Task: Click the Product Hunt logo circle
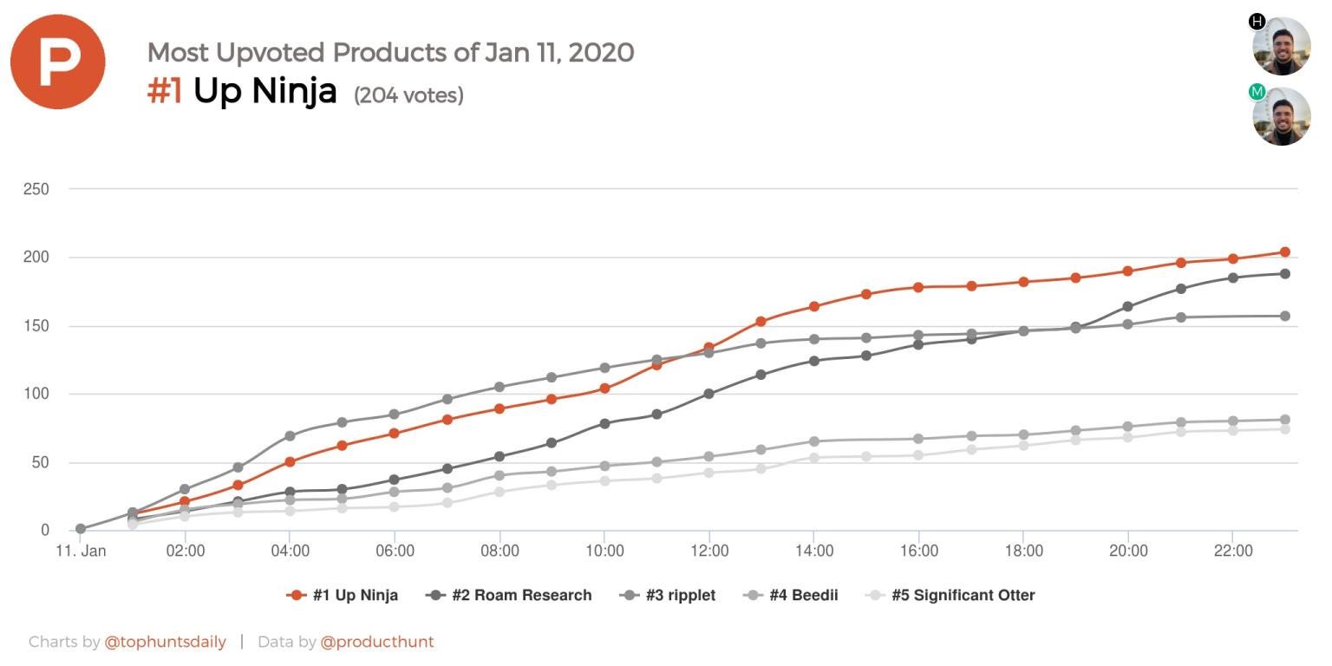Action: (57, 62)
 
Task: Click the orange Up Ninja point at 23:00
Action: (1285, 252)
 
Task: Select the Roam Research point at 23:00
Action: (1285, 274)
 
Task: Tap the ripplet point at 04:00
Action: (291, 436)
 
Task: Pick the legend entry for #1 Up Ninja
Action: (343, 595)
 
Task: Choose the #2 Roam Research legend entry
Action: (509, 595)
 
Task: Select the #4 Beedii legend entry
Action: (791, 595)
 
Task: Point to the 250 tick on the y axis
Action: (36, 189)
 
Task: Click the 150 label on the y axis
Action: (36, 326)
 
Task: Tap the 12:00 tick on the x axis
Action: (709, 551)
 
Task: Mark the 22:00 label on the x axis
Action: (1233, 551)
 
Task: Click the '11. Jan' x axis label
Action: (81, 551)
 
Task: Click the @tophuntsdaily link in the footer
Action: (165, 642)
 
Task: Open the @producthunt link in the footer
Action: (377, 642)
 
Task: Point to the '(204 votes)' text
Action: (408, 95)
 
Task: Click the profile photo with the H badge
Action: (1282, 46)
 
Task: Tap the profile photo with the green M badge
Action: (1282, 116)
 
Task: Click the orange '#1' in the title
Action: (165, 90)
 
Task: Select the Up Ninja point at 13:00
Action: (761, 322)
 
